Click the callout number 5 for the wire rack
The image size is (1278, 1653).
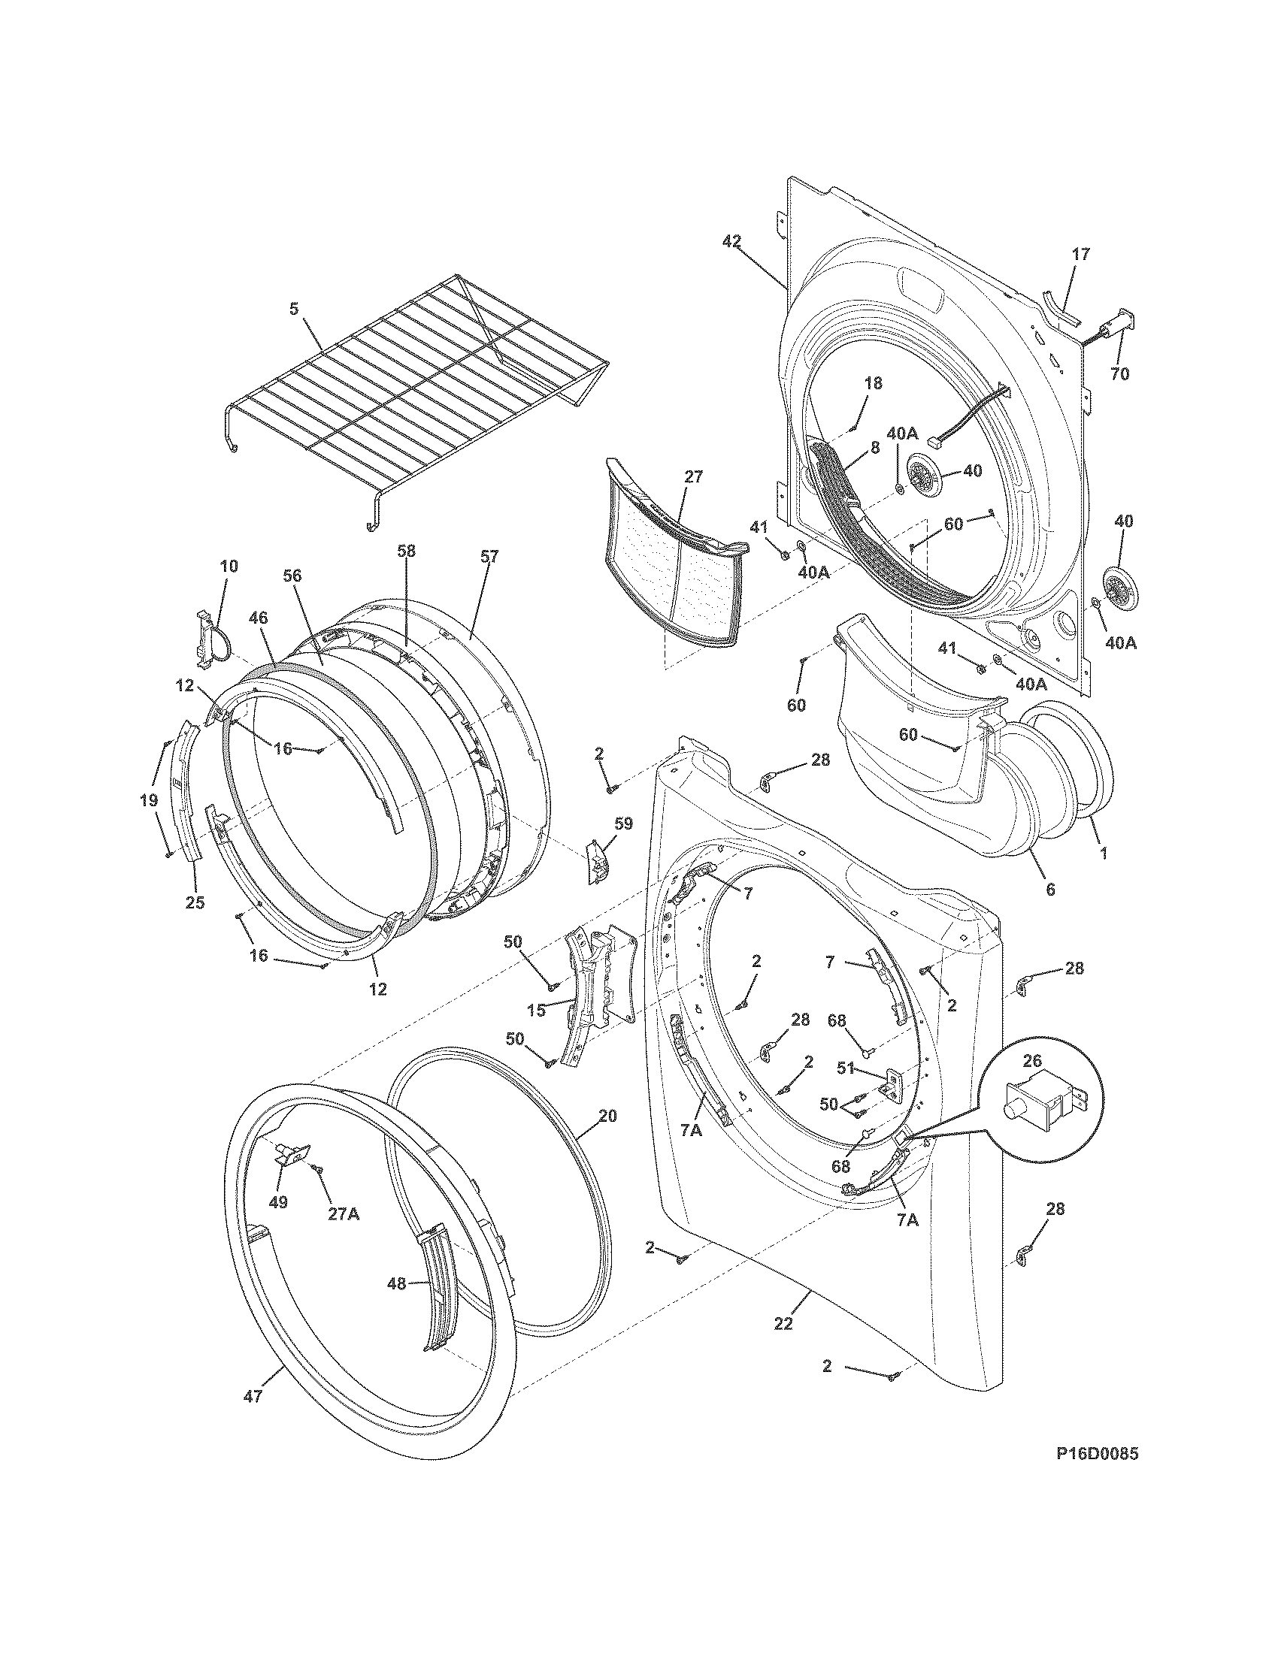coord(294,308)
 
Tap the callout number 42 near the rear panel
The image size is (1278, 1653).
coord(731,241)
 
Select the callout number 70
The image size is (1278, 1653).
coord(1119,373)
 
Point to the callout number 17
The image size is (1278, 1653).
coord(1080,254)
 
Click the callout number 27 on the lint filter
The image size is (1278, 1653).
coord(693,477)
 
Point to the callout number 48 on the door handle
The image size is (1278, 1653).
coord(397,1283)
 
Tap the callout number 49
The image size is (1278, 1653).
coord(278,1202)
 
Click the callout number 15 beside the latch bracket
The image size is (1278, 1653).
coord(536,1011)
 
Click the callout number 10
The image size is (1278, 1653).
coord(229,565)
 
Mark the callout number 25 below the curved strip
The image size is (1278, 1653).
coord(195,903)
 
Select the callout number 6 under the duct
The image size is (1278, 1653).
coord(1049,890)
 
